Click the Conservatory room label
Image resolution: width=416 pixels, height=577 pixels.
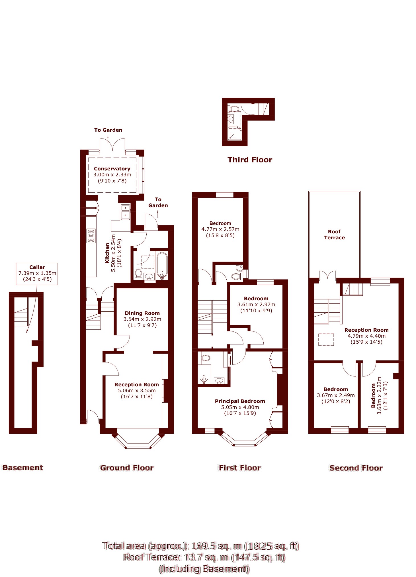[x=112, y=169]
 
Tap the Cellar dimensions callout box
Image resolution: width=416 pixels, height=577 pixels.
[x=37, y=274]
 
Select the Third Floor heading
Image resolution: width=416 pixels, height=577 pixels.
[x=250, y=160]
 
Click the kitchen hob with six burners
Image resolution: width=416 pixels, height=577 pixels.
[x=91, y=236]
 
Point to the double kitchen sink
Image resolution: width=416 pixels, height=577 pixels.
[x=125, y=212]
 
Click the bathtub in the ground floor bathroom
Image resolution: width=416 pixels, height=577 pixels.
[x=162, y=265]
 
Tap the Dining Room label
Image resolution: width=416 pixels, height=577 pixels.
[x=142, y=313]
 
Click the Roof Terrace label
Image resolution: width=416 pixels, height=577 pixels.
[x=334, y=235]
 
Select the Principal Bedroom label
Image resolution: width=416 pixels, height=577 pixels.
[x=240, y=401]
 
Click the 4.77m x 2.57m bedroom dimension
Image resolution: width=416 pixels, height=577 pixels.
[x=220, y=229]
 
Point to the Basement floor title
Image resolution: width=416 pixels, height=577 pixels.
[x=22, y=468]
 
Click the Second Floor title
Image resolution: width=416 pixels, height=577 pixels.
[x=356, y=468]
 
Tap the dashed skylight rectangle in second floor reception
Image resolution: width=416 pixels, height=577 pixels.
[x=326, y=339]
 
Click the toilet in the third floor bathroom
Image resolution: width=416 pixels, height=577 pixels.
[x=234, y=109]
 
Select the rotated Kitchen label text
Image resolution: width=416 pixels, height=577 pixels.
[x=107, y=253]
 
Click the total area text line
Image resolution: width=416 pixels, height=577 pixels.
[x=200, y=546]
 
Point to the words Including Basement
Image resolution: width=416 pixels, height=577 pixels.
[x=204, y=569]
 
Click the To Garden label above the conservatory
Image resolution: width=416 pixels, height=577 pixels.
[x=108, y=130]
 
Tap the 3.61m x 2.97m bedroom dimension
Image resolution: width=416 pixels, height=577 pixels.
[x=256, y=305]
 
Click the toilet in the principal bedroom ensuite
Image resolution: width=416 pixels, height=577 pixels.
[x=206, y=358]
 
